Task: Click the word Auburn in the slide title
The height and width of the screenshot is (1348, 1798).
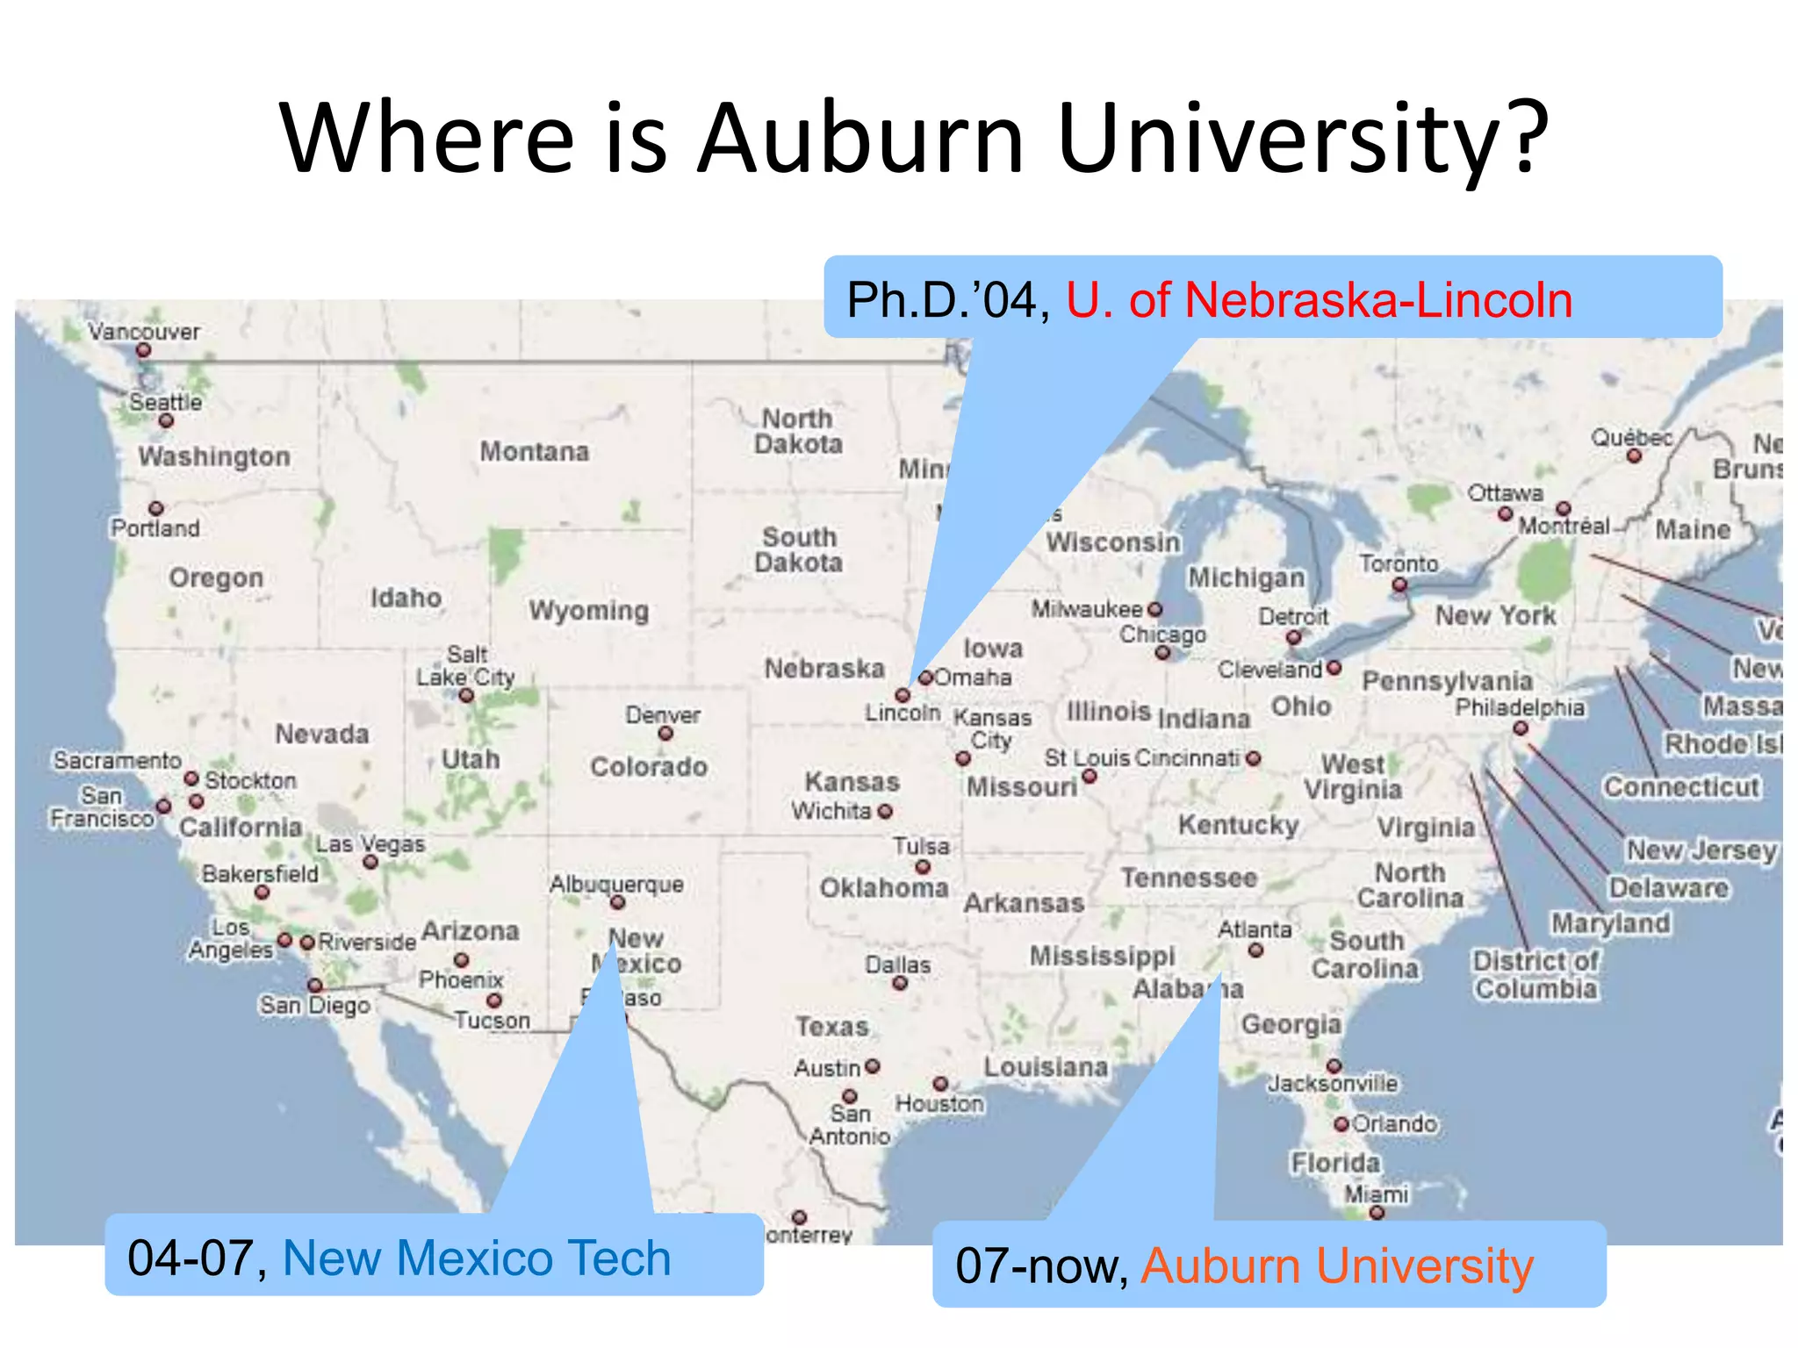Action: point(860,139)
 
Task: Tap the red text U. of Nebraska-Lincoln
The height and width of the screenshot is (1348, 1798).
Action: point(1319,300)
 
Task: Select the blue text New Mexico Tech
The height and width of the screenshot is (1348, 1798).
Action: point(477,1258)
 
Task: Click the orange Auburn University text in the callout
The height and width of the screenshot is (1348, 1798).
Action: point(1336,1266)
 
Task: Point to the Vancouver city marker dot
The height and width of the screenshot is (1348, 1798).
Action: point(144,350)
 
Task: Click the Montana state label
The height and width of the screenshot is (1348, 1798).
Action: point(534,452)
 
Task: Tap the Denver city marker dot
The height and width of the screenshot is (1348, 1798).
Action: point(665,734)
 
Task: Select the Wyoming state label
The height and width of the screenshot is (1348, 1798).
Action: point(588,610)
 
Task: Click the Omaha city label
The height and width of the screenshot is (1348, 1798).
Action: point(973,678)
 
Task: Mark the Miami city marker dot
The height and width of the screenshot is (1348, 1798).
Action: point(1377,1213)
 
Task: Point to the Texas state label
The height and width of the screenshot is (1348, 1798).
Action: point(831,1026)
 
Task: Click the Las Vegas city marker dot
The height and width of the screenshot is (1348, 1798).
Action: point(370,862)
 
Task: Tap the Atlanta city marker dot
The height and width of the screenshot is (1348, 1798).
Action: point(1255,950)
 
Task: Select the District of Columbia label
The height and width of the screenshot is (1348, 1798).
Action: point(1535,974)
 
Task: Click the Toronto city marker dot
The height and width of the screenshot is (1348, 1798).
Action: point(1399,584)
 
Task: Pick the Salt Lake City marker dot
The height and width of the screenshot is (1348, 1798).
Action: point(466,696)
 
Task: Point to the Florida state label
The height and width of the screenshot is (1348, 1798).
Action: point(1335,1163)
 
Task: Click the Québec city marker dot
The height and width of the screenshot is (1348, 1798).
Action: point(1634,456)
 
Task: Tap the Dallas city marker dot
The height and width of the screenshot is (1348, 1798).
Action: point(899,983)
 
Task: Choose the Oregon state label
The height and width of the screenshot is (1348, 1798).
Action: point(216,577)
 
